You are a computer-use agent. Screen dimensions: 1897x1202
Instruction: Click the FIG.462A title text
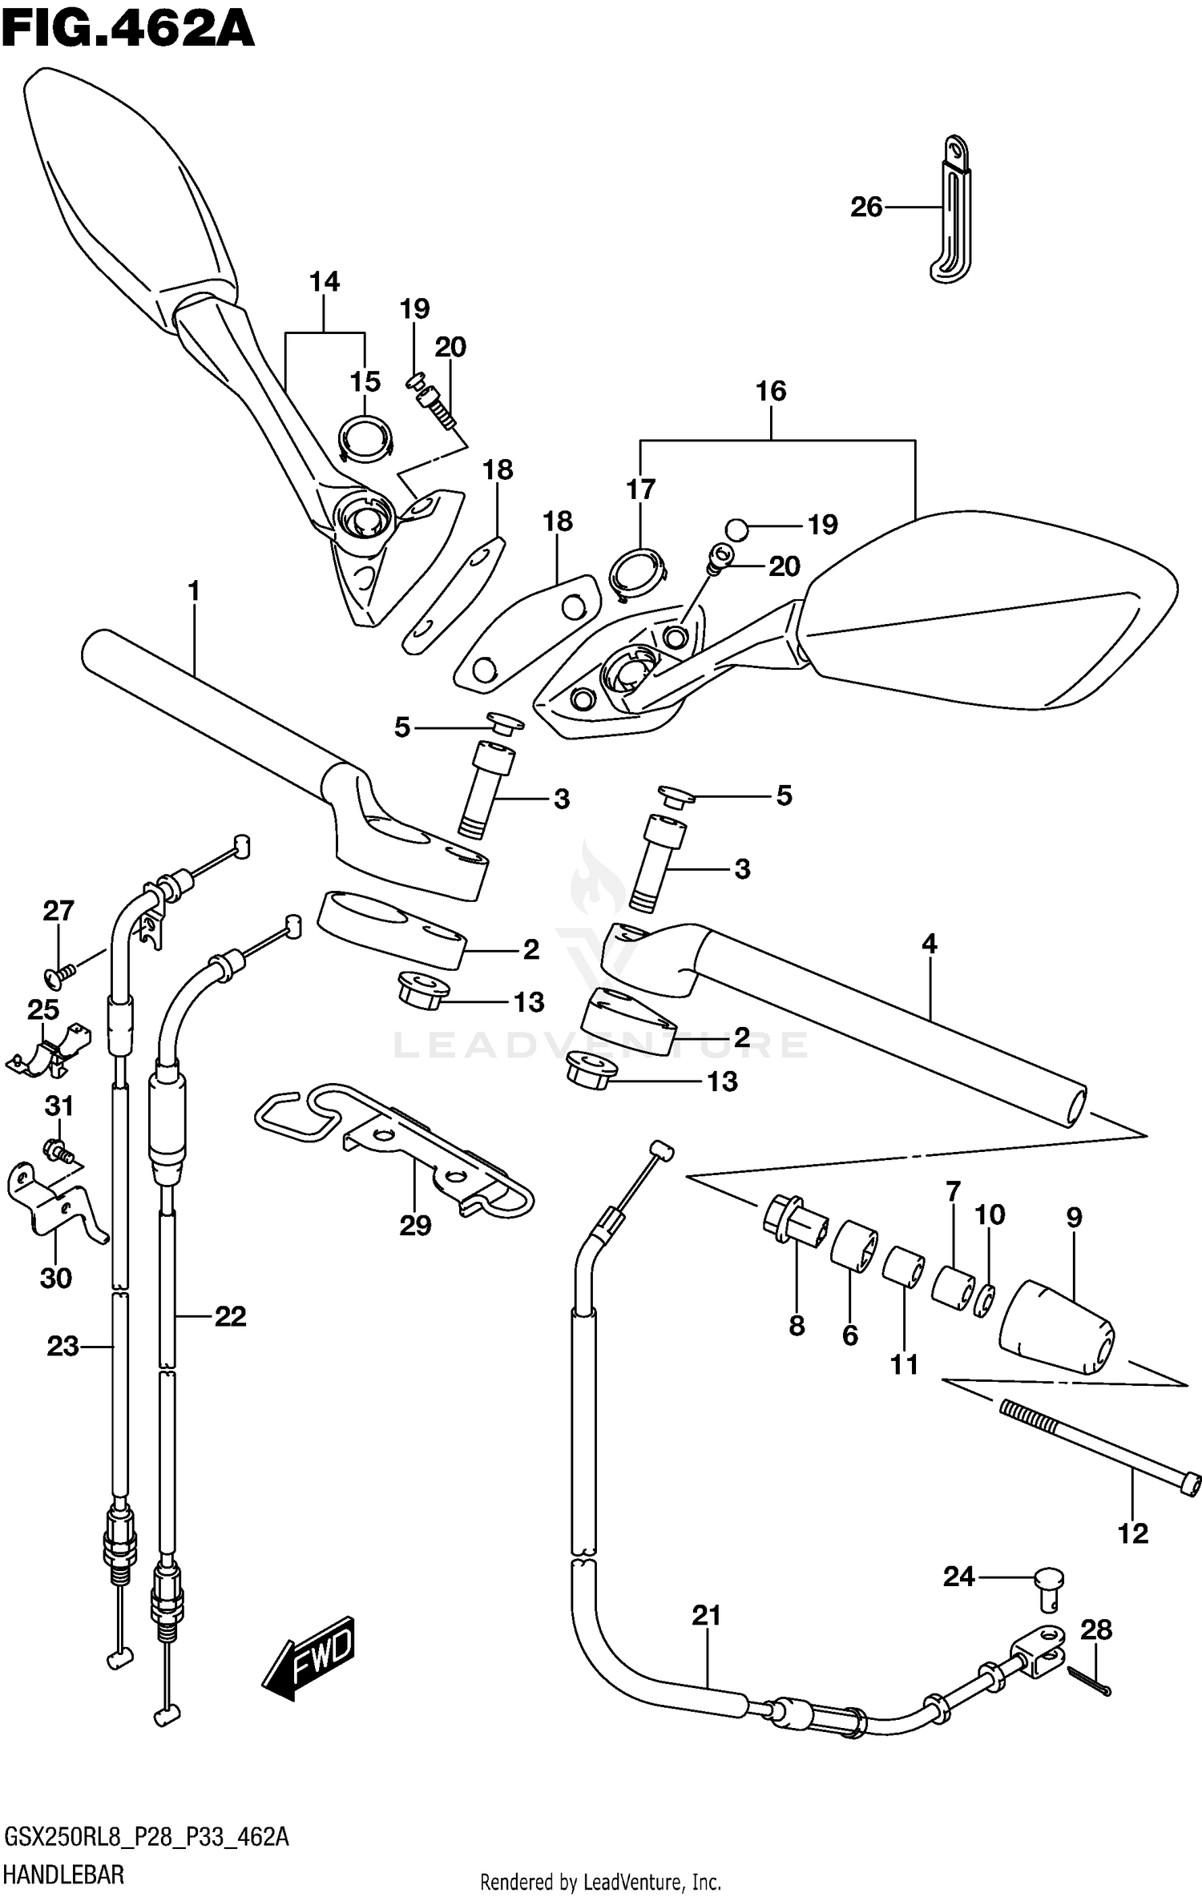pos(128,30)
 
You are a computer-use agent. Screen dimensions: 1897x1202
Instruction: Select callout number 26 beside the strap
pos(865,207)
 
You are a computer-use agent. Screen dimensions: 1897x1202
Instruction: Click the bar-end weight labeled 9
pos(1056,1330)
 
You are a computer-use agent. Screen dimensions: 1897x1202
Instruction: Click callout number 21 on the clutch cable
pos(706,1616)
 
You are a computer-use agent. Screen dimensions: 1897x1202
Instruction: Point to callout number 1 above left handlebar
pos(193,592)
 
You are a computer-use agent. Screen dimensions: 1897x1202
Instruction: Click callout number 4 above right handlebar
pos(928,944)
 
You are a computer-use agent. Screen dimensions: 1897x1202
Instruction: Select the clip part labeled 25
pos(48,1049)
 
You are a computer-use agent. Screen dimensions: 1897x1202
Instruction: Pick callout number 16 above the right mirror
pos(771,391)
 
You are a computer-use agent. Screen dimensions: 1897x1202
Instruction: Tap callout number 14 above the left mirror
pos(325,282)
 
